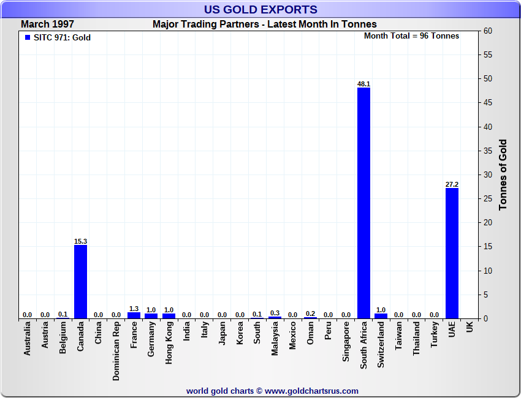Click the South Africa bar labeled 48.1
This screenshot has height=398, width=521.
coord(363,203)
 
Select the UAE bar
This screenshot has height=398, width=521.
coord(452,253)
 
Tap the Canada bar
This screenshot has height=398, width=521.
coord(80,282)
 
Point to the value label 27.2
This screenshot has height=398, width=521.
coord(452,184)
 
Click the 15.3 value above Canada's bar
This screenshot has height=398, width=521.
coord(80,241)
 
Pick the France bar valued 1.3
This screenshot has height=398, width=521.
coord(134,315)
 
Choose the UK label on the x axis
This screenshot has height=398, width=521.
coord(470,328)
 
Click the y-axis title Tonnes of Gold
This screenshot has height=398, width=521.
coord(503,175)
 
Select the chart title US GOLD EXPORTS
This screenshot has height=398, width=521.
coord(260,9)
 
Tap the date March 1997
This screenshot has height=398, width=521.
coord(48,24)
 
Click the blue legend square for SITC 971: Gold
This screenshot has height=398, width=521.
coord(28,37)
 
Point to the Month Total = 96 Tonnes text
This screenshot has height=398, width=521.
coord(411,36)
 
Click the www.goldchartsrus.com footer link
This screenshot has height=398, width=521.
coord(311,391)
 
